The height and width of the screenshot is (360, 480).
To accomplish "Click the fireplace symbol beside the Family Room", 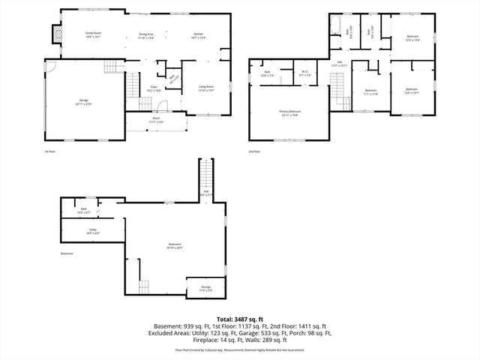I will (x=52, y=35).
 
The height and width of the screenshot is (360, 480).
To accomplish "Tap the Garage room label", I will (x=83, y=103).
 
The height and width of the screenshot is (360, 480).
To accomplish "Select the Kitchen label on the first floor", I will (x=199, y=34).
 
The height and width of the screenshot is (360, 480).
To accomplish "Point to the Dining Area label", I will (x=145, y=34).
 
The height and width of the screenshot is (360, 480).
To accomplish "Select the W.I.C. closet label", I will (x=305, y=73).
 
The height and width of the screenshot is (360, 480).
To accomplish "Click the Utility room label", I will (x=93, y=231).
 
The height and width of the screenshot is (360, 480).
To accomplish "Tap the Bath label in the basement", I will (x=84, y=210).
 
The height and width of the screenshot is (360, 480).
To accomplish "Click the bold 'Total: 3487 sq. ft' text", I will (x=239, y=319).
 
